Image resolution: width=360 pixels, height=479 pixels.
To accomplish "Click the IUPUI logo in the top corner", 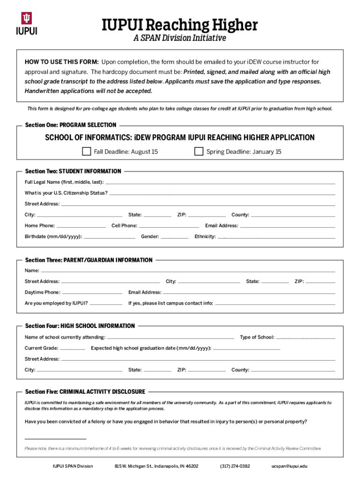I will click(x=27, y=24).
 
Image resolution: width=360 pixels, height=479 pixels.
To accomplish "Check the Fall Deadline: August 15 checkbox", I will click(x=86, y=151).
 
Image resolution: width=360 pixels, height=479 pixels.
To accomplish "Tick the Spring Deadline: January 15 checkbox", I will click(x=199, y=151).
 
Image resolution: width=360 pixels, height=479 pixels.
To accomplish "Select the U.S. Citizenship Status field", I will click(x=222, y=193).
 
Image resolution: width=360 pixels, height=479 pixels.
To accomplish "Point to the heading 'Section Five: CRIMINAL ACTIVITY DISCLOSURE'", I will click(x=85, y=392).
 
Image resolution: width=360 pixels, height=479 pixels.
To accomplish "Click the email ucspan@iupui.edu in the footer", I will click(x=289, y=466).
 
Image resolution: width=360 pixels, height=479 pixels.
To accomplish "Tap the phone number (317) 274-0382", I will click(x=235, y=466).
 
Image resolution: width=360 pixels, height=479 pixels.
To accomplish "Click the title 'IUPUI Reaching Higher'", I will click(x=180, y=25).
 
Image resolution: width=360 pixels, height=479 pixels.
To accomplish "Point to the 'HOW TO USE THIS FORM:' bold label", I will click(x=62, y=62).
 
